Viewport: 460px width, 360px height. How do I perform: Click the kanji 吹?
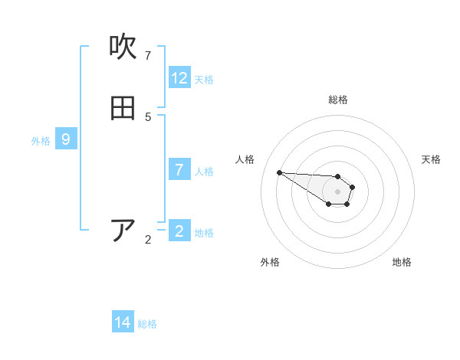[123, 47]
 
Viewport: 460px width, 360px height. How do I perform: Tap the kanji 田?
[123, 109]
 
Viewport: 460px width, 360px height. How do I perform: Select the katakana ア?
[123, 231]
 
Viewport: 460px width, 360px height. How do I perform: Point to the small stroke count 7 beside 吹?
[148, 55]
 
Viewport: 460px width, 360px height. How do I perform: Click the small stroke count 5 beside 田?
[148, 116]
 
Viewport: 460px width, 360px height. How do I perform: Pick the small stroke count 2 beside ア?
[148, 240]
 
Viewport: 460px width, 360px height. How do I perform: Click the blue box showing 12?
[179, 78]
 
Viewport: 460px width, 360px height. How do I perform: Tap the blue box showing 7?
[179, 169]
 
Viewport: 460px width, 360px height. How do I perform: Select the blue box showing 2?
[179, 231]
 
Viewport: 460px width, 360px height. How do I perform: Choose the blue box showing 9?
[66, 139]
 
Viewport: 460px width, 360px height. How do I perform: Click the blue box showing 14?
[123, 322]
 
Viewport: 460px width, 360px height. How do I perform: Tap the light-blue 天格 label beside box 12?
[204, 80]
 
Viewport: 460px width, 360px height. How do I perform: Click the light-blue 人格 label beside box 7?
[204, 171]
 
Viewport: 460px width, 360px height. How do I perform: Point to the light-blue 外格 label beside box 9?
[41, 141]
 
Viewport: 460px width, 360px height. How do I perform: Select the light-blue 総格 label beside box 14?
[147, 324]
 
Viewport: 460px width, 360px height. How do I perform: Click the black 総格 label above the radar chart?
[338, 100]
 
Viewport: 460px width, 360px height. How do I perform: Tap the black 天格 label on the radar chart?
[431, 159]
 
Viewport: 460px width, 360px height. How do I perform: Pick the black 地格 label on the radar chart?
[402, 262]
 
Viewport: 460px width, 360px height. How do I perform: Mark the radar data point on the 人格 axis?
[279, 172]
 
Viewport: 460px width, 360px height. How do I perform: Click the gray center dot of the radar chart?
[337, 191]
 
